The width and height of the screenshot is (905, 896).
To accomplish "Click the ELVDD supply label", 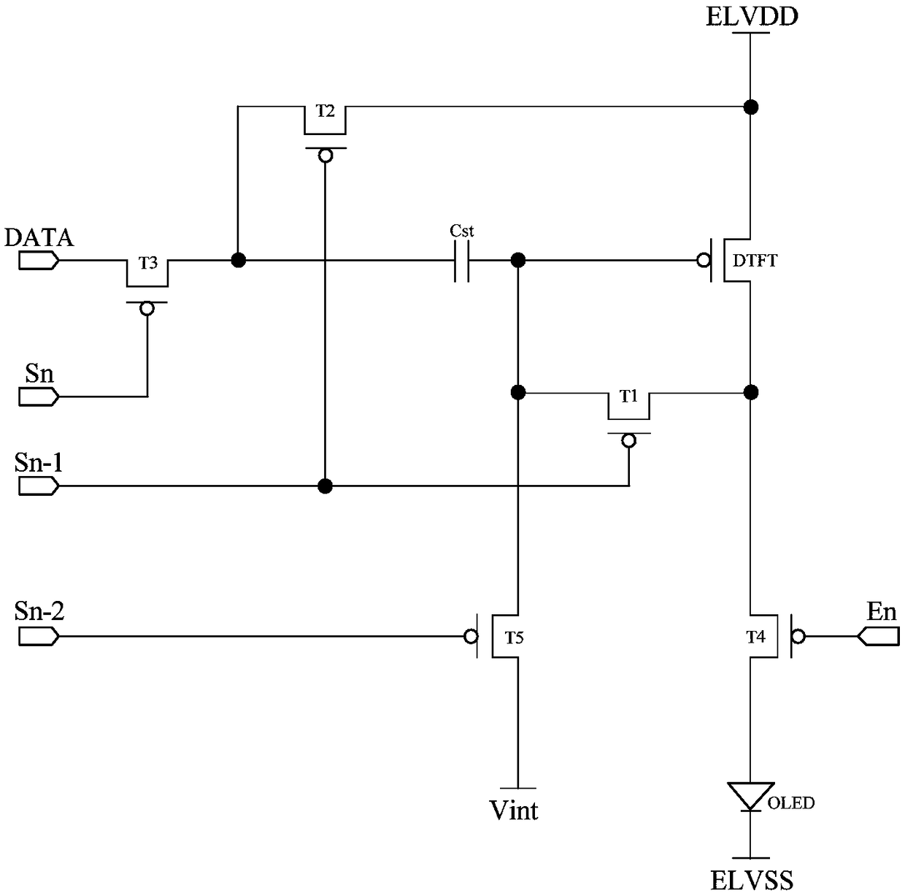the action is (752, 17).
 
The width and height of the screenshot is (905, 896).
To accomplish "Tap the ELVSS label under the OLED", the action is (752, 881).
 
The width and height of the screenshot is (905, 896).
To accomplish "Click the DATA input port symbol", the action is (39, 260).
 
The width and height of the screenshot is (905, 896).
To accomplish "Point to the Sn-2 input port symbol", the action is (39, 637).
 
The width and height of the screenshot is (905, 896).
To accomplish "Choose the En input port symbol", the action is (878, 637).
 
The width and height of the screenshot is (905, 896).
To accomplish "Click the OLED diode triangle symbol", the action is (750, 796).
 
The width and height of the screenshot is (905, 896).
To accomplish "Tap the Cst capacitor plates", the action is (461, 261).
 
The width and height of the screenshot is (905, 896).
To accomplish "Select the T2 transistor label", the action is (325, 112).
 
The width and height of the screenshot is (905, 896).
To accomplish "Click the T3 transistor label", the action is (148, 264).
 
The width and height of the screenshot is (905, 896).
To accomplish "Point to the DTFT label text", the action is (755, 261).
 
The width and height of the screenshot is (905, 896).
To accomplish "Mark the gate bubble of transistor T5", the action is (471, 637).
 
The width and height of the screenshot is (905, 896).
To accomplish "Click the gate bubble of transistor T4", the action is (798, 637).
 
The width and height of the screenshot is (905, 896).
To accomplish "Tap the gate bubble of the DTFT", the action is (703, 260).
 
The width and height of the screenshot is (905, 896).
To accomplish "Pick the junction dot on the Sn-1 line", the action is (325, 486).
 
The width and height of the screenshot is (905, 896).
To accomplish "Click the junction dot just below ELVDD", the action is (751, 107).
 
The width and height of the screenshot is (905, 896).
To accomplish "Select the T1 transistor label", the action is (629, 397).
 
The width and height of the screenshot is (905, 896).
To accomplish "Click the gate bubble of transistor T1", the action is (629, 440).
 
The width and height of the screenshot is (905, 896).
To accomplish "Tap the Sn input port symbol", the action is (39, 397).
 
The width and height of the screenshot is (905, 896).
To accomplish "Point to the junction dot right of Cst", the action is (518, 260).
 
